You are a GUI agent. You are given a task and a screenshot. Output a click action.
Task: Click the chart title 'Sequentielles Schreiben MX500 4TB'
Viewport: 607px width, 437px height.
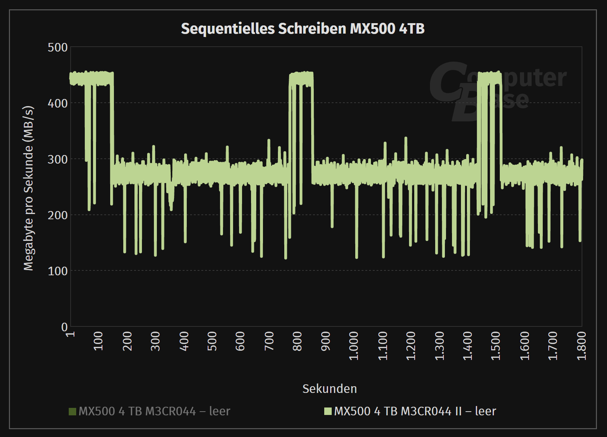(303, 29)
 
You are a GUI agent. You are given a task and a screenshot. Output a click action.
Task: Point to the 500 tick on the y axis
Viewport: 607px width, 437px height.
(58, 47)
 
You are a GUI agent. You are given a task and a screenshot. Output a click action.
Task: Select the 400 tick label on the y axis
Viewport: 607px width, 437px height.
(58, 103)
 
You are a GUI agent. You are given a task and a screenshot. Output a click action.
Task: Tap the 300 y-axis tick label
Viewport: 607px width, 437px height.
(58, 159)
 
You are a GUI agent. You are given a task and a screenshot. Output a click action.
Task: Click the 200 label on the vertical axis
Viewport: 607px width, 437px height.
(58, 215)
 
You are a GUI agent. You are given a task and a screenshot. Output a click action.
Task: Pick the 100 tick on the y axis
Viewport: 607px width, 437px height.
(58, 271)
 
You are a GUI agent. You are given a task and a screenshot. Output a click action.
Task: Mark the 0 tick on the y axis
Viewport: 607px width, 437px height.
(64, 327)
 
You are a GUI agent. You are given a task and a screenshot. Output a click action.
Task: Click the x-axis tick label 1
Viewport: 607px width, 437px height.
(71, 334)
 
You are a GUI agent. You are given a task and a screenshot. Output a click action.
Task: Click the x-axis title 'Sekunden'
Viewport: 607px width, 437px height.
(329, 389)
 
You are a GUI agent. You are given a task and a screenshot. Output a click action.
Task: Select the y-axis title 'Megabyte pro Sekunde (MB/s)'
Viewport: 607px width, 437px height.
(29, 188)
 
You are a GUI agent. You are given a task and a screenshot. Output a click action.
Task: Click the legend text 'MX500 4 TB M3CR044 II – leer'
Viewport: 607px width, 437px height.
(415, 411)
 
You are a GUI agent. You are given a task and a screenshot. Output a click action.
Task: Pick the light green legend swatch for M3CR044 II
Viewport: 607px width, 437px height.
(328, 411)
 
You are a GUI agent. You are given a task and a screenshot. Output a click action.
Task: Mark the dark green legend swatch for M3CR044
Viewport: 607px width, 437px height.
(72, 411)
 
